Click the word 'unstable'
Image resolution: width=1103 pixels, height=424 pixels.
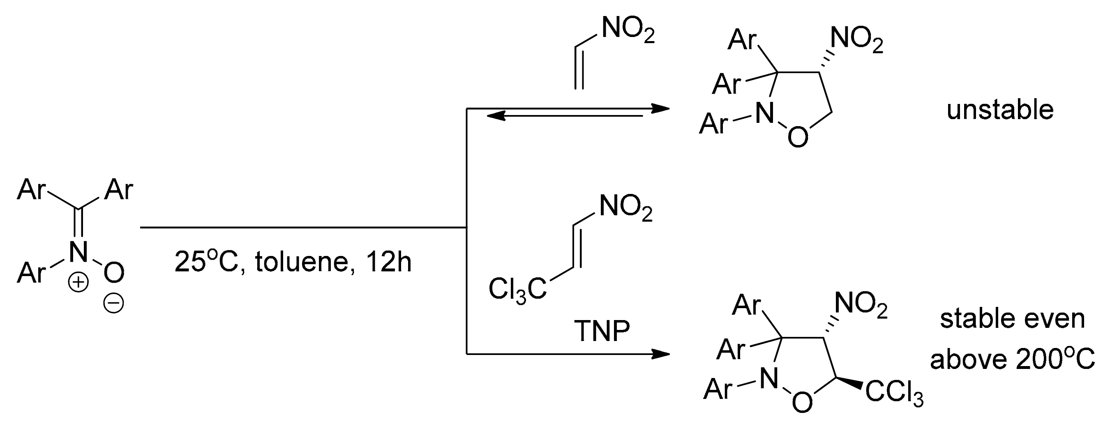[1000, 110]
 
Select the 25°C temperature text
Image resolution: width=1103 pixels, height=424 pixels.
[206, 262]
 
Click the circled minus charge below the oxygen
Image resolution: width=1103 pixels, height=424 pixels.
[113, 304]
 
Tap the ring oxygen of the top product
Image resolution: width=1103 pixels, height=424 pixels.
[798, 138]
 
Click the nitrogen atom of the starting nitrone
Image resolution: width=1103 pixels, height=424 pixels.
[78, 251]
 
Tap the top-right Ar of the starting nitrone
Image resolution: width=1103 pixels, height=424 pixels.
[119, 189]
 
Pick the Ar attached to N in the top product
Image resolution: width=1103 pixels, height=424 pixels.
[713, 124]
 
